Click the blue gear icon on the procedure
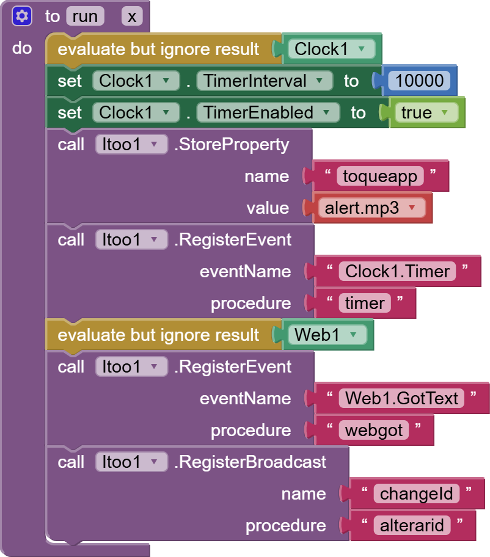21,16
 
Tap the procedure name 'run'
84,16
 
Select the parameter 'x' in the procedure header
132,16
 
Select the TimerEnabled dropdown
268,112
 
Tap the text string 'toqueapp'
380,177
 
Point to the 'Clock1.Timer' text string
397,271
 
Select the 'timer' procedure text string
365,303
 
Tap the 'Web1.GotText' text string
401,398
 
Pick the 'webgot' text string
374,430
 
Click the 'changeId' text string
417,493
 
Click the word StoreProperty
232,145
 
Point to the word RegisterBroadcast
250,462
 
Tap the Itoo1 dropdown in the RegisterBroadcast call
131,462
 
